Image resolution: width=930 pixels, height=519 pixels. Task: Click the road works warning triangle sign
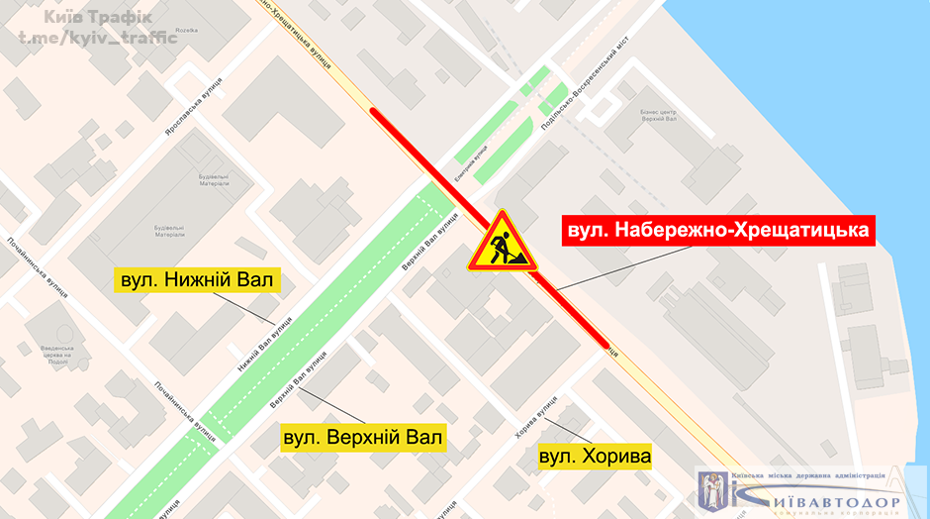502,244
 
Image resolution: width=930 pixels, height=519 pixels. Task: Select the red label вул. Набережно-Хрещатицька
719,231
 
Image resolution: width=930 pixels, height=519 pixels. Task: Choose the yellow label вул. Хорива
595,457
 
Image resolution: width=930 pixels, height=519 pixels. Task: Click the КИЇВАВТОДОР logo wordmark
824,501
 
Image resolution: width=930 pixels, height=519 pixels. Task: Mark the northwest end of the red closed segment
374,111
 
